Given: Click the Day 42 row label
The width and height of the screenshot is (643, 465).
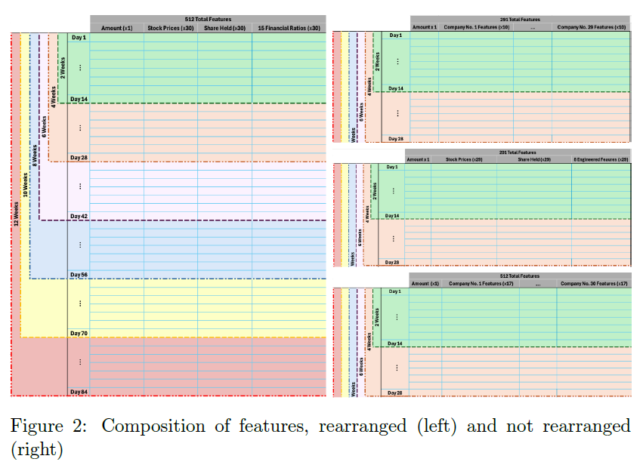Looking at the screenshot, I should point(79,216).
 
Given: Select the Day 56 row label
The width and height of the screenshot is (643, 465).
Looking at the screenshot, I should point(79,275).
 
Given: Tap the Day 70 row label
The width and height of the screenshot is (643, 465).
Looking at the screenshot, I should point(79,333).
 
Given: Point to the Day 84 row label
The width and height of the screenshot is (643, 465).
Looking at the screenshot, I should point(79,392).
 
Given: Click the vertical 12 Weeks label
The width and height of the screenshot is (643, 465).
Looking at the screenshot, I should point(16,214).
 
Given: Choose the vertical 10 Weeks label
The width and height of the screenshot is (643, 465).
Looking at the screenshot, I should point(25,184).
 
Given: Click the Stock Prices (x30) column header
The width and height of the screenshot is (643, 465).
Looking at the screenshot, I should point(171,28).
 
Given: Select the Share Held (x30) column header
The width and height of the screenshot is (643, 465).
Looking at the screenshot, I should point(224,28).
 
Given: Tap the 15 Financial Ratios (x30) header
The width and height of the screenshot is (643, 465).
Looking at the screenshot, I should point(289,28).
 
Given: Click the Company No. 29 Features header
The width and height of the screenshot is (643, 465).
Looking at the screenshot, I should point(591,27).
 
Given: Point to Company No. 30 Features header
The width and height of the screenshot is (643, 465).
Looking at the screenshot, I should point(593,283).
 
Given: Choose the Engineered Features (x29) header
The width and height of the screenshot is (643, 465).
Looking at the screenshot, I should point(601,159).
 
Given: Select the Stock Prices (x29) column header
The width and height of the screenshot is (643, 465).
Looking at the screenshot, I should point(463,159).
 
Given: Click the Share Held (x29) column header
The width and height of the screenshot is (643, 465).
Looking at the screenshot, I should point(533,159).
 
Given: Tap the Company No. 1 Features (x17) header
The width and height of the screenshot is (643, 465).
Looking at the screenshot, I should point(481,283).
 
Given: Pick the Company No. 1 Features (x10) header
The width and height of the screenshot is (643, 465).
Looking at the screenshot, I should point(476,27).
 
